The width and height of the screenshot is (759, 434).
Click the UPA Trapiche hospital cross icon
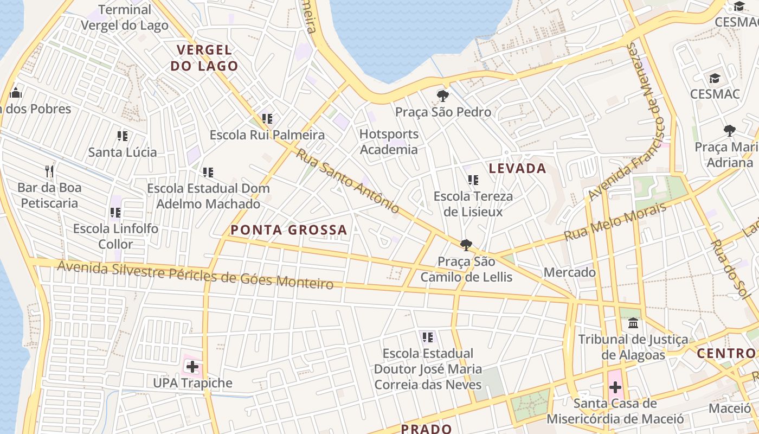[192, 367]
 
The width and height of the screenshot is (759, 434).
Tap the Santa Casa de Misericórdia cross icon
[615, 387]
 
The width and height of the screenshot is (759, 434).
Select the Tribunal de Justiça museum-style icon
[633, 324]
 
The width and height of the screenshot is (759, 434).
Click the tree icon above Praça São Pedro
[443, 97]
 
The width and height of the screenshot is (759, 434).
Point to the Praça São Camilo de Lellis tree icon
[466, 245]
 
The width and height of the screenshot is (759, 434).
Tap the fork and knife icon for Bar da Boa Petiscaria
[49, 172]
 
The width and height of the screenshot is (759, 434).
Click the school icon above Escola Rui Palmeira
[267, 118]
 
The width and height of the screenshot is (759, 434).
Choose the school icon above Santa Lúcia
[123, 136]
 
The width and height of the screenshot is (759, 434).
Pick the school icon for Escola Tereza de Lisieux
[473, 180]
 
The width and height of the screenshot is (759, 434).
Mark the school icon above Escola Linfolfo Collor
[115, 212]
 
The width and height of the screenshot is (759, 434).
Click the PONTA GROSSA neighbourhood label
[288, 230]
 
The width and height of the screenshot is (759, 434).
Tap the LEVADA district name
[517, 168]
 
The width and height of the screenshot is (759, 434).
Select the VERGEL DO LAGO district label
[204, 58]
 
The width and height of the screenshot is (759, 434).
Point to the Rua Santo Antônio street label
[348, 180]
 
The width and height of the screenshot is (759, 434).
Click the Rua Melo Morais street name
[615, 222]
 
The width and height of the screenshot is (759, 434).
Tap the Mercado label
[570, 272]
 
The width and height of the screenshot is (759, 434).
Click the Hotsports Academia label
[389, 142]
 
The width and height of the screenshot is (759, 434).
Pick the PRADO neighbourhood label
[426, 429]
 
